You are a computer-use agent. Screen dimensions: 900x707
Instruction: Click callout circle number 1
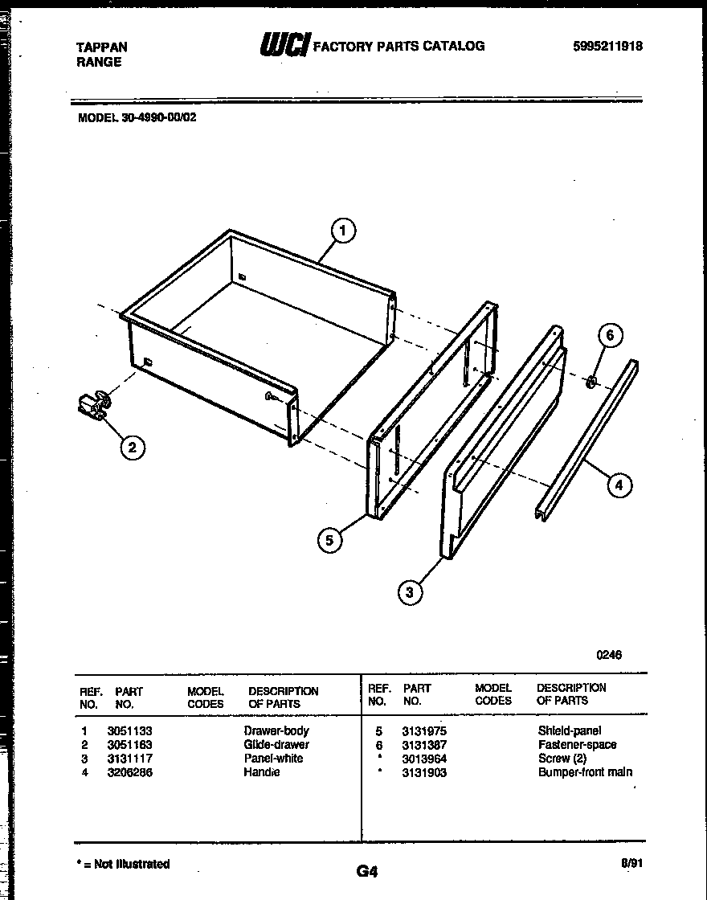[x=343, y=231]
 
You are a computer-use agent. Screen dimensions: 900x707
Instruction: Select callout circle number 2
[x=133, y=448]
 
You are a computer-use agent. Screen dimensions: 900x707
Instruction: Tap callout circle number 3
[x=410, y=593]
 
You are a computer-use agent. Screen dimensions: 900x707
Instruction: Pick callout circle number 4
[x=619, y=485]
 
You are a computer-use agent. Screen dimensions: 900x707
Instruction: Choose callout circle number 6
[x=610, y=336]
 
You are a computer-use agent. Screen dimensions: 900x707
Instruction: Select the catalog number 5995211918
[x=608, y=47]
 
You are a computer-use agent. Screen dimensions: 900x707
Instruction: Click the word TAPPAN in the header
[x=101, y=47]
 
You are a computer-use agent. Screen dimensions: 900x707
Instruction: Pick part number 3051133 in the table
[x=129, y=731]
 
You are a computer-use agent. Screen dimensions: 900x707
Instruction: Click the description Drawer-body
[x=276, y=731]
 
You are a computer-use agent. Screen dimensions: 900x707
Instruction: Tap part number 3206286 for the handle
[x=129, y=772]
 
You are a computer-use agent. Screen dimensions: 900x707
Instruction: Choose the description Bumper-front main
[x=585, y=772]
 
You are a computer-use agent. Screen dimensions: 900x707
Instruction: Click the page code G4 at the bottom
[x=366, y=871]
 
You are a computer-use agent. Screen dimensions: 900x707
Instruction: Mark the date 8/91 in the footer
[x=631, y=864]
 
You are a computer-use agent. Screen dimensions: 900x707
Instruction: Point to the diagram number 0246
[x=608, y=655]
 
